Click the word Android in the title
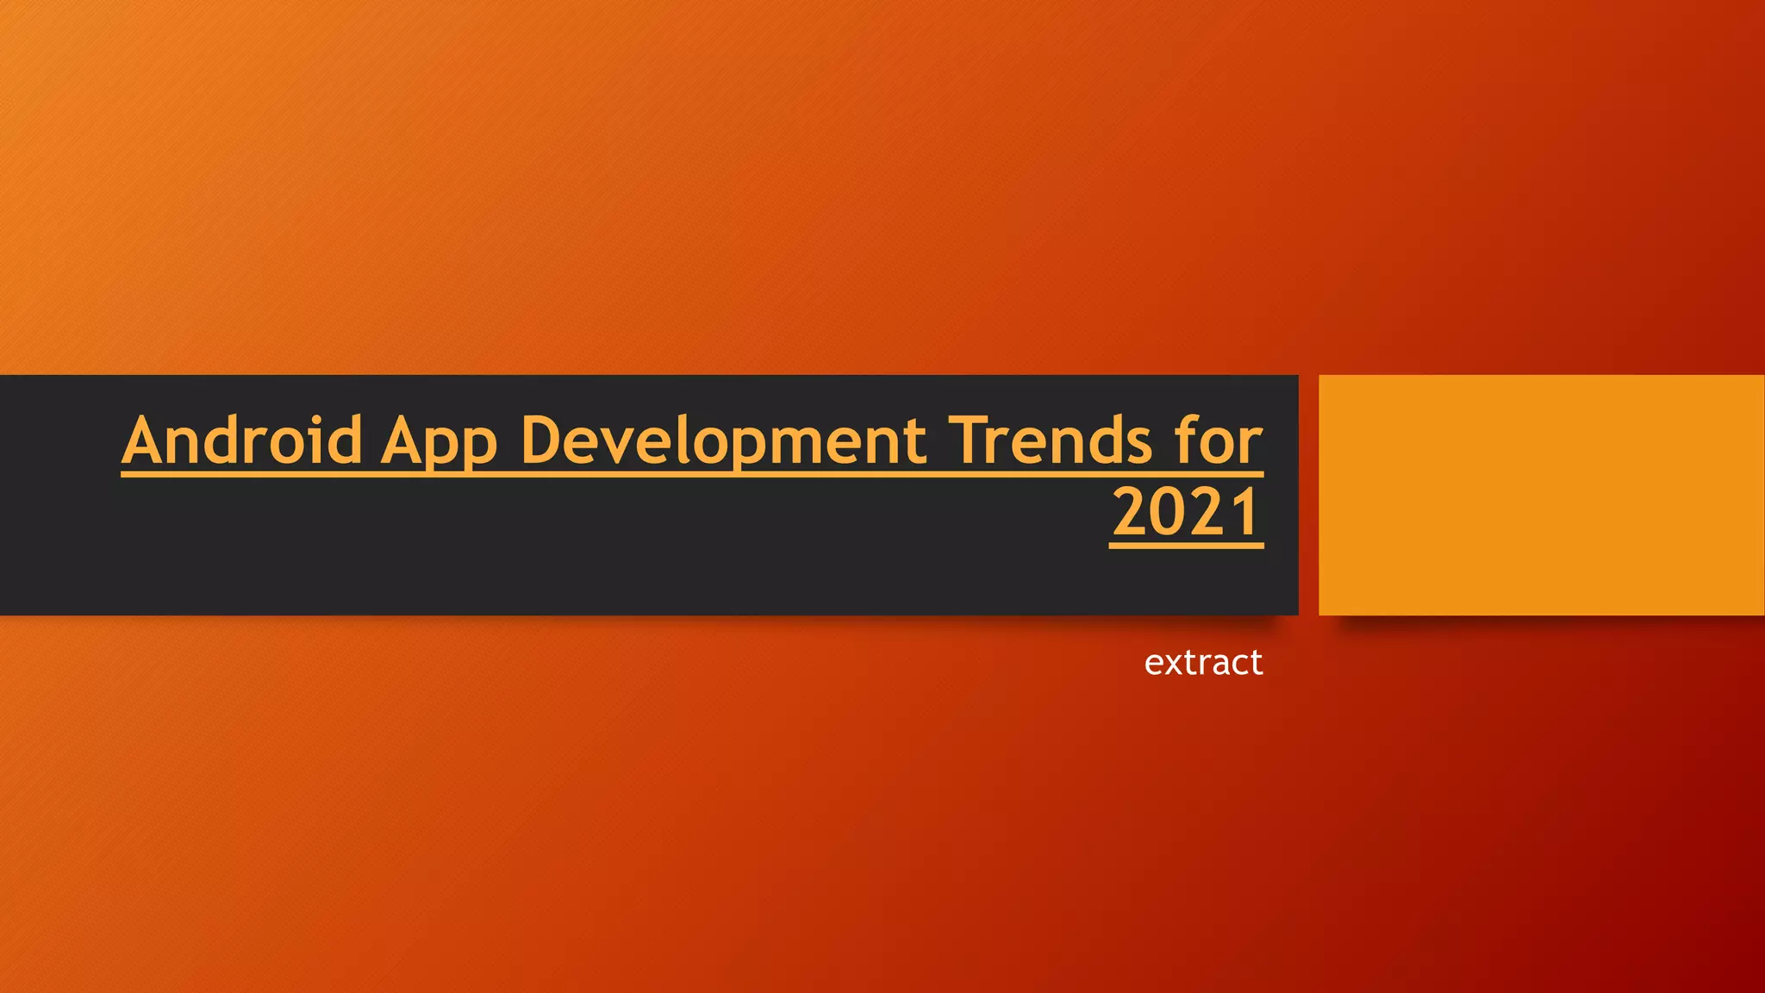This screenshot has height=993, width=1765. click(242, 440)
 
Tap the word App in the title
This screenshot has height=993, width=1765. click(440, 442)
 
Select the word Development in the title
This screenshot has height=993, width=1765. click(724, 442)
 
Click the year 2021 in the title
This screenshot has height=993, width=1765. click(1187, 513)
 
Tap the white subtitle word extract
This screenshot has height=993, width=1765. click(1203, 662)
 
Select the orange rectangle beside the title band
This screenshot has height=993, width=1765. click(1541, 495)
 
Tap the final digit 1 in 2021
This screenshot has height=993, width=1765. click(1246, 513)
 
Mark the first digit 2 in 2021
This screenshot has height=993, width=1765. click(1130, 513)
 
